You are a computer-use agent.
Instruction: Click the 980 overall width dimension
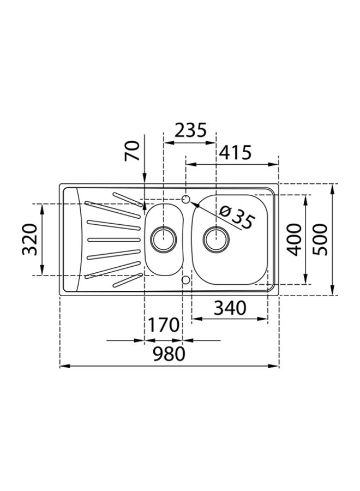tap(169, 354)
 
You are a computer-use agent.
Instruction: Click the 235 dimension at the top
tap(190, 130)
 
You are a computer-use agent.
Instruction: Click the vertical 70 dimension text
tap(132, 150)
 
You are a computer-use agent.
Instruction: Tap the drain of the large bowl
tap(216, 238)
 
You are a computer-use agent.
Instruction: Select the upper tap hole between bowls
tap(185, 198)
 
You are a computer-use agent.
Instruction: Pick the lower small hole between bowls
tap(185, 280)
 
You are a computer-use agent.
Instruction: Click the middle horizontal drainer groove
tap(113, 239)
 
